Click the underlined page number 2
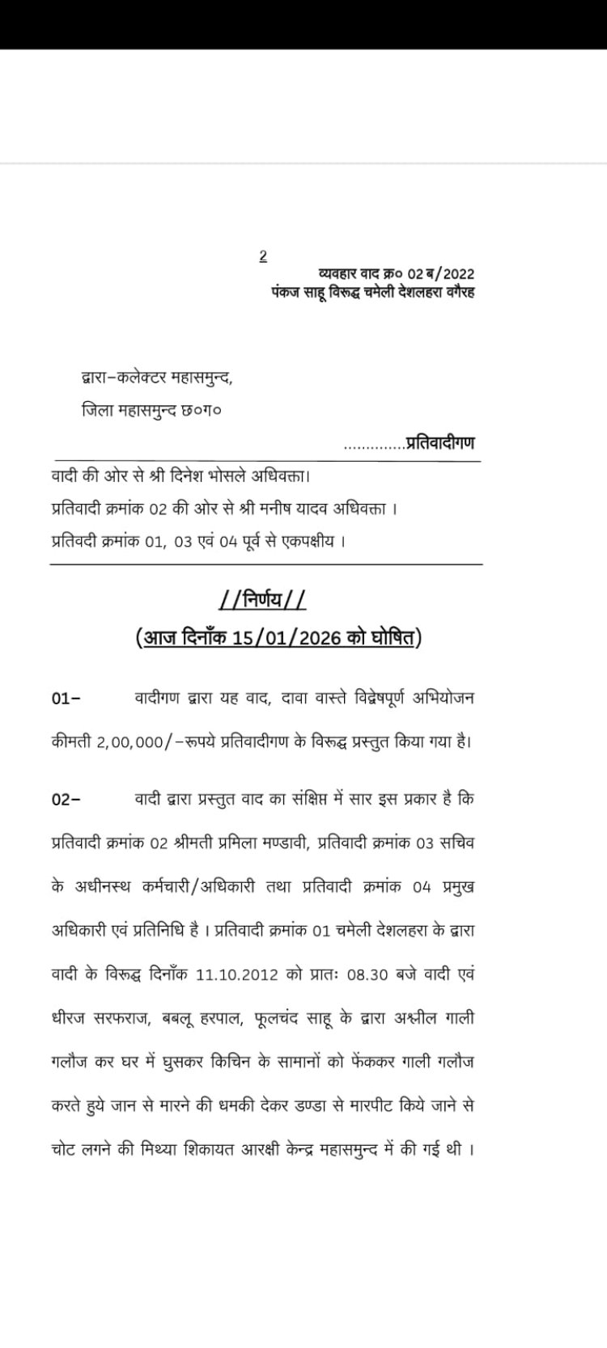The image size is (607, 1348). point(263,256)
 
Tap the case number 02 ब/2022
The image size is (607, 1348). point(439,273)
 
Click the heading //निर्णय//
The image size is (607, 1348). point(263,601)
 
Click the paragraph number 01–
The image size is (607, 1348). point(66,699)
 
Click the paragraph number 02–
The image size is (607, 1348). point(66,800)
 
